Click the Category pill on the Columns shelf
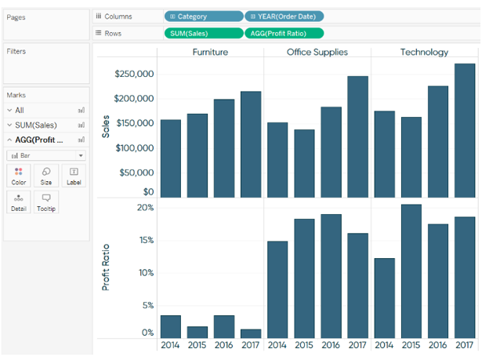(x=204, y=16)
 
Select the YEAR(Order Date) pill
(x=284, y=16)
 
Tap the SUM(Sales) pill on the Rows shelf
(x=204, y=33)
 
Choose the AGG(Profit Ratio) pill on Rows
(x=284, y=33)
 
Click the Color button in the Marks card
(x=18, y=176)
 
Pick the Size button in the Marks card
(x=46, y=176)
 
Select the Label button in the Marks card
(x=74, y=176)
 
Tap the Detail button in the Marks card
(x=18, y=202)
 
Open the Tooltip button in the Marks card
(x=46, y=202)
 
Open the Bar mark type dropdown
(x=46, y=155)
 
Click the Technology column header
(x=424, y=52)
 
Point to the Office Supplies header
(x=317, y=52)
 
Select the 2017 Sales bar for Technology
(x=465, y=130)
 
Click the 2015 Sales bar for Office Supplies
(x=304, y=164)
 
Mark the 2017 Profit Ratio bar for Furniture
(x=251, y=334)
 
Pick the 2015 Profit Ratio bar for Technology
(x=411, y=271)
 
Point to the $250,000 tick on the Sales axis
(x=134, y=74)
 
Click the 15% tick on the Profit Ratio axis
(x=147, y=240)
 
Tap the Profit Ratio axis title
(x=106, y=267)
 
